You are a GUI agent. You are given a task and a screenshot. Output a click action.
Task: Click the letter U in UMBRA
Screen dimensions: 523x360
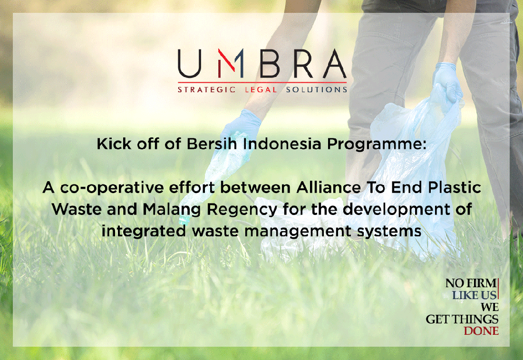pyautogui.click(x=189, y=64)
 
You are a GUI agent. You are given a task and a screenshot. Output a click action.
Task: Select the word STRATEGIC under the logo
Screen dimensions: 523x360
pyautogui.click(x=206, y=89)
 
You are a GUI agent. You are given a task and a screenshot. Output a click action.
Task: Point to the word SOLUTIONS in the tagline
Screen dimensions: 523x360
pyautogui.click(x=317, y=89)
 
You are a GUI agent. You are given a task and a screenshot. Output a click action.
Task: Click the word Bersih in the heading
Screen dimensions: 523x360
pyautogui.click(x=212, y=144)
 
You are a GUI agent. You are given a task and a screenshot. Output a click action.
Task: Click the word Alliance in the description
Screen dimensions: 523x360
pyautogui.click(x=329, y=187)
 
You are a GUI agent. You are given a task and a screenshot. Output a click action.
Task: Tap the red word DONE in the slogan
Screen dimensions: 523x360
pyautogui.click(x=481, y=331)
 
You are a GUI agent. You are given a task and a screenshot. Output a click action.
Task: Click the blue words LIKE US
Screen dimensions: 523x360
pyautogui.click(x=475, y=295)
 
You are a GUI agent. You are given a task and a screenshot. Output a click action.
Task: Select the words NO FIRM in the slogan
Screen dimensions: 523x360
pyautogui.click(x=471, y=283)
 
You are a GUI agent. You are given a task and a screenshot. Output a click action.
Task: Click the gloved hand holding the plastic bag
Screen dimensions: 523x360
pyautogui.click(x=447, y=82)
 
